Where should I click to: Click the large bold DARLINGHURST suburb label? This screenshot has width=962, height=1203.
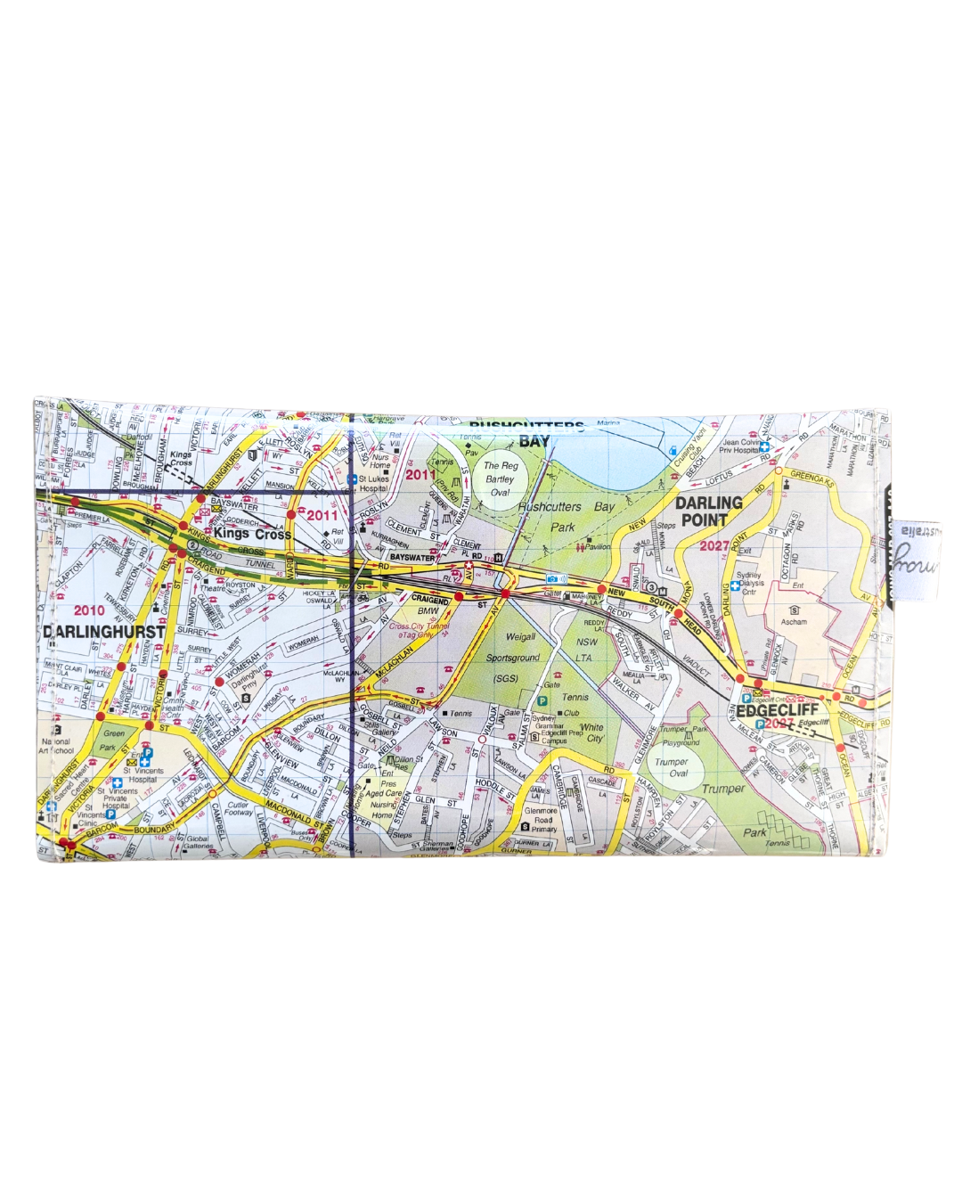pyautogui.click(x=104, y=631)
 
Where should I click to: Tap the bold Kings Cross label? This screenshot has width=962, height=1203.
pyautogui.click(x=252, y=534)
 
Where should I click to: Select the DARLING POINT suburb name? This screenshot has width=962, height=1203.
pyautogui.click(x=709, y=511)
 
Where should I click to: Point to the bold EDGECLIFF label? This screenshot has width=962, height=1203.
pyautogui.click(x=777, y=711)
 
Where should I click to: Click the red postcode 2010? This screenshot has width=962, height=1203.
pyautogui.click(x=89, y=610)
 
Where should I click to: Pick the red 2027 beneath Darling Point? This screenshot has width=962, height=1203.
pyautogui.click(x=714, y=545)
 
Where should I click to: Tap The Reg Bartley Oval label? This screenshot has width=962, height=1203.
pyautogui.click(x=501, y=479)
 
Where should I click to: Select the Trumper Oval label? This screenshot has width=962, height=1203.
pyautogui.click(x=672, y=767)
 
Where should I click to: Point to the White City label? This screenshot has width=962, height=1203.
pyautogui.click(x=592, y=732)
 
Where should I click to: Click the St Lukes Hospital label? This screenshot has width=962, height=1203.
pyautogui.click(x=373, y=483)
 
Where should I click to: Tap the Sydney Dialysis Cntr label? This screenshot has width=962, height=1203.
pyautogui.click(x=749, y=584)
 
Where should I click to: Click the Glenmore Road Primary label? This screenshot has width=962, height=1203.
pyautogui.click(x=541, y=820)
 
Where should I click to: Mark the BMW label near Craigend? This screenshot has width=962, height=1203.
pyautogui.click(x=428, y=611)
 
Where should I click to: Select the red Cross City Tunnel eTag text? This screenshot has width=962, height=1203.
pyautogui.click(x=419, y=630)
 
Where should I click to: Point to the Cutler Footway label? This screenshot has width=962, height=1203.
pyautogui.click(x=238, y=809)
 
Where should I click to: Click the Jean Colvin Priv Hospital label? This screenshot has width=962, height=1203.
pyautogui.click(x=741, y=446)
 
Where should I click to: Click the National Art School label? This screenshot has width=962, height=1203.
pyautogui.click(x=55, y=745)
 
